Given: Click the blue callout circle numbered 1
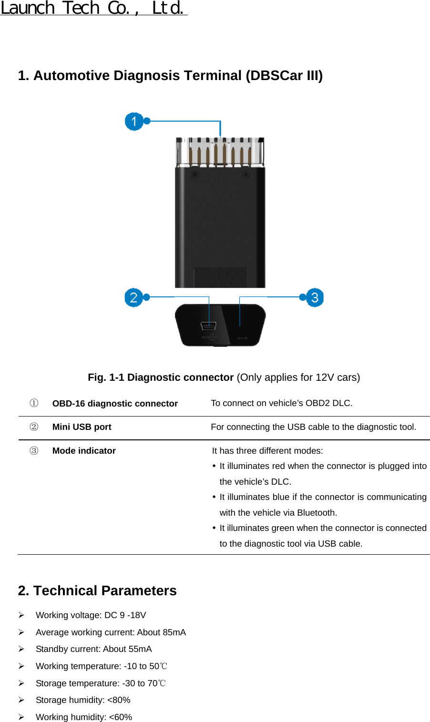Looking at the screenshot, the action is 134,122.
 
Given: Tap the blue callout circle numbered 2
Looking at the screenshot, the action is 133,298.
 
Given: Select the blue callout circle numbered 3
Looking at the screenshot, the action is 315,298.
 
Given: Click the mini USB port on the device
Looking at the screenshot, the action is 208,326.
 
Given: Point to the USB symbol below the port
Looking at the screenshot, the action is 208,337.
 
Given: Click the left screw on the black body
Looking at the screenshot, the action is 195,175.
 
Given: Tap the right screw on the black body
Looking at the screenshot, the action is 246,175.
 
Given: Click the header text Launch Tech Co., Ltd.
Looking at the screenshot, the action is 93,8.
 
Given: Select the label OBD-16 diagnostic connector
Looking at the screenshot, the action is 115,404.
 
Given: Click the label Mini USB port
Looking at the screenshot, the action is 82,427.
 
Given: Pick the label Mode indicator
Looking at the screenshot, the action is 84,451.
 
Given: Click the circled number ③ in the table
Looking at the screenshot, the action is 34,451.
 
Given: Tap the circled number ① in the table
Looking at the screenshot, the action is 34,403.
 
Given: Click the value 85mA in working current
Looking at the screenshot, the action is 174,632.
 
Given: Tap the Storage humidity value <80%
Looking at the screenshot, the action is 119,700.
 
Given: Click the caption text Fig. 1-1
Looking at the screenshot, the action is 106,377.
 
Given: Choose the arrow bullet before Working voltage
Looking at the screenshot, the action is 21,615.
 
